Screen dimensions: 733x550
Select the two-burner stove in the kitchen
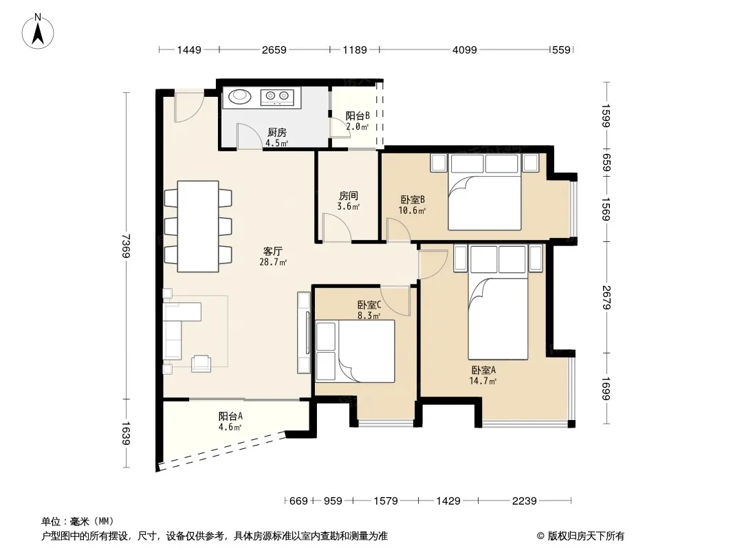pyautogui.click(x=277, y=96)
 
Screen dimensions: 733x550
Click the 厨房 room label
pyautogui.click(x=276, y=133)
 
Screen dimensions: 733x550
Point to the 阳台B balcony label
pyautogui.click(x=358, y=115)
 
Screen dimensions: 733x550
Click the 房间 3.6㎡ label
pyautogui.click(x=348, y=201)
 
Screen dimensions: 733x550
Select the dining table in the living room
pyautogui.click(x=198, y=226)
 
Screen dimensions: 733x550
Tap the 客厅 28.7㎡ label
pyautogui.click(x=273, y=256)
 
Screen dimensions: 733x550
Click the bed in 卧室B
pyautogui.click(x=484, y=192)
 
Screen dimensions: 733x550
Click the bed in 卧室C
pyautogui.click(x=355, y=351)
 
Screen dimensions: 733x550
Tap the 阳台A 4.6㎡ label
pyautogui.click(x=230, y=421)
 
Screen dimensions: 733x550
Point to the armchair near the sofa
pyautogui.click(x=201, y=363)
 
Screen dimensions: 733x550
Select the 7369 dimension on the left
pyautogui.click(x=126, y=246)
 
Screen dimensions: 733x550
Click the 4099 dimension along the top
pyautogui.click(x=464, y=49)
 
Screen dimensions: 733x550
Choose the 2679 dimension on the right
pyautogui.click(x=606, y=297)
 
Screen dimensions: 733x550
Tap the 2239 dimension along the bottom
pyautogui.click(x=524, y=501)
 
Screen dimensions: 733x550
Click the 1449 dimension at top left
pyautogui.click(x=189, y=49)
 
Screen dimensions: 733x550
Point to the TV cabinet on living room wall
pyautogui.click(x=304, y=333)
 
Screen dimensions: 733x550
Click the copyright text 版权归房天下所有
pyautogui.click(x=586, y=536)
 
